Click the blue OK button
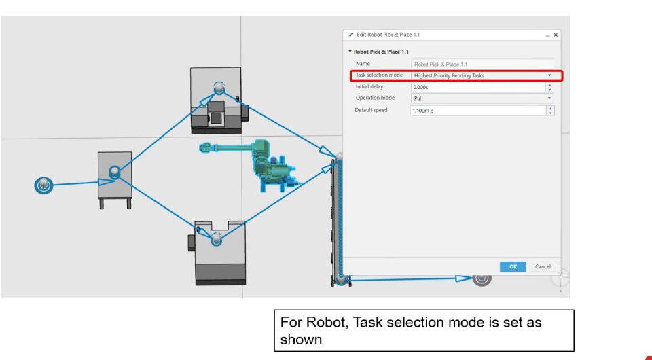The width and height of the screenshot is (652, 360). coord(513,266)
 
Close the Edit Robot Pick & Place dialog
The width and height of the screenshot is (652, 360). coord(556,35)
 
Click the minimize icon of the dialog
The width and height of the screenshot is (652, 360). coord(547,36)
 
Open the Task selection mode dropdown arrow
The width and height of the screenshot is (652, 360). coord(549,75)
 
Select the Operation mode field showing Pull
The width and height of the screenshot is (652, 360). coord(482,98)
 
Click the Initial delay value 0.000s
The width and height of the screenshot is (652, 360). coord(421,88)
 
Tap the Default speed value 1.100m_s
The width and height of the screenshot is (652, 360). coord(423,111)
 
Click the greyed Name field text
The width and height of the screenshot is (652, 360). coord(441,65)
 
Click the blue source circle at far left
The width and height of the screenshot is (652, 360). coord(43,185)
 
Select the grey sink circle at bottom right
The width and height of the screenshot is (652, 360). coord(482,278)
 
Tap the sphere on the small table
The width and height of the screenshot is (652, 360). coord(115,171)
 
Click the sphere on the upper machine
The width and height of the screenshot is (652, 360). coord(219,88)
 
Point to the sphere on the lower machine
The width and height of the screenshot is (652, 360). coord(216,238)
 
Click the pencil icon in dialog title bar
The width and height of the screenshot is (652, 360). coord(351,35)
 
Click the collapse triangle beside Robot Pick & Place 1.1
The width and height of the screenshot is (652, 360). coord(350,52)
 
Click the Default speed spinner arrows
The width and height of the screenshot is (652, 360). coord(550,111)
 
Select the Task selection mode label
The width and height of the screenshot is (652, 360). coord(379,75)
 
